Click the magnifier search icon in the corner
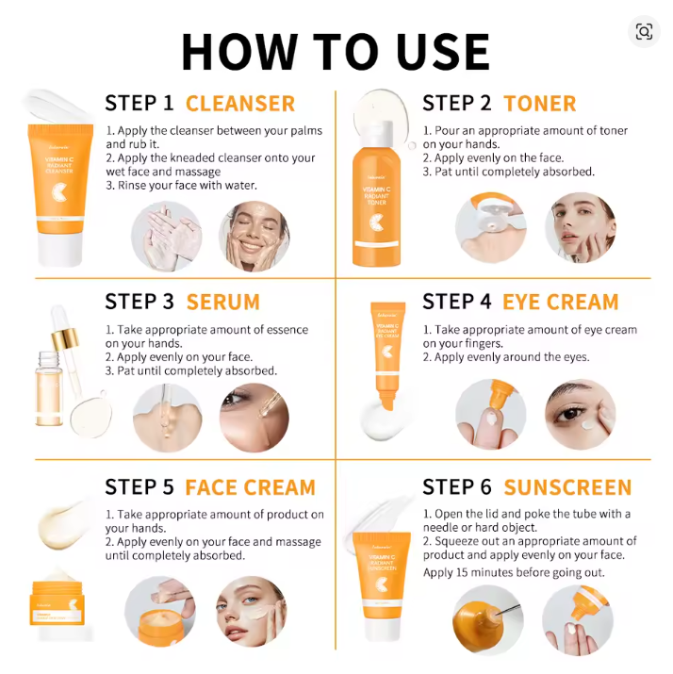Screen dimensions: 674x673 [644, 32]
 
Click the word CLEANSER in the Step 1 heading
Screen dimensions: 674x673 [240, 104]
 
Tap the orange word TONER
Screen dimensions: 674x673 [540, 104]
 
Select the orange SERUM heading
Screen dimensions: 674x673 [223, 303]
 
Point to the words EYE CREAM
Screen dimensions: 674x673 [561, 303]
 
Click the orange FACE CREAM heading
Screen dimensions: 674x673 [250, 487]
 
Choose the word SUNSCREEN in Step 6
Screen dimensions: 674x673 [567, 487]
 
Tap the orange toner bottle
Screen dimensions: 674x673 [376, 203]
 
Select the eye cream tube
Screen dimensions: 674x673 [386, 353]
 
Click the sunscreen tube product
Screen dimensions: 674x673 [382, 584]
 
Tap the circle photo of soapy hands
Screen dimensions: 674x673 [166, 236]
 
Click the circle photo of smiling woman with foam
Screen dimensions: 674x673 [254, 236]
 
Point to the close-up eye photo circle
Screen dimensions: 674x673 [580, 414]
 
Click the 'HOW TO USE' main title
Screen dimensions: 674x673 [336, 52]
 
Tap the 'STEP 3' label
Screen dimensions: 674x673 [140, 303]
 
